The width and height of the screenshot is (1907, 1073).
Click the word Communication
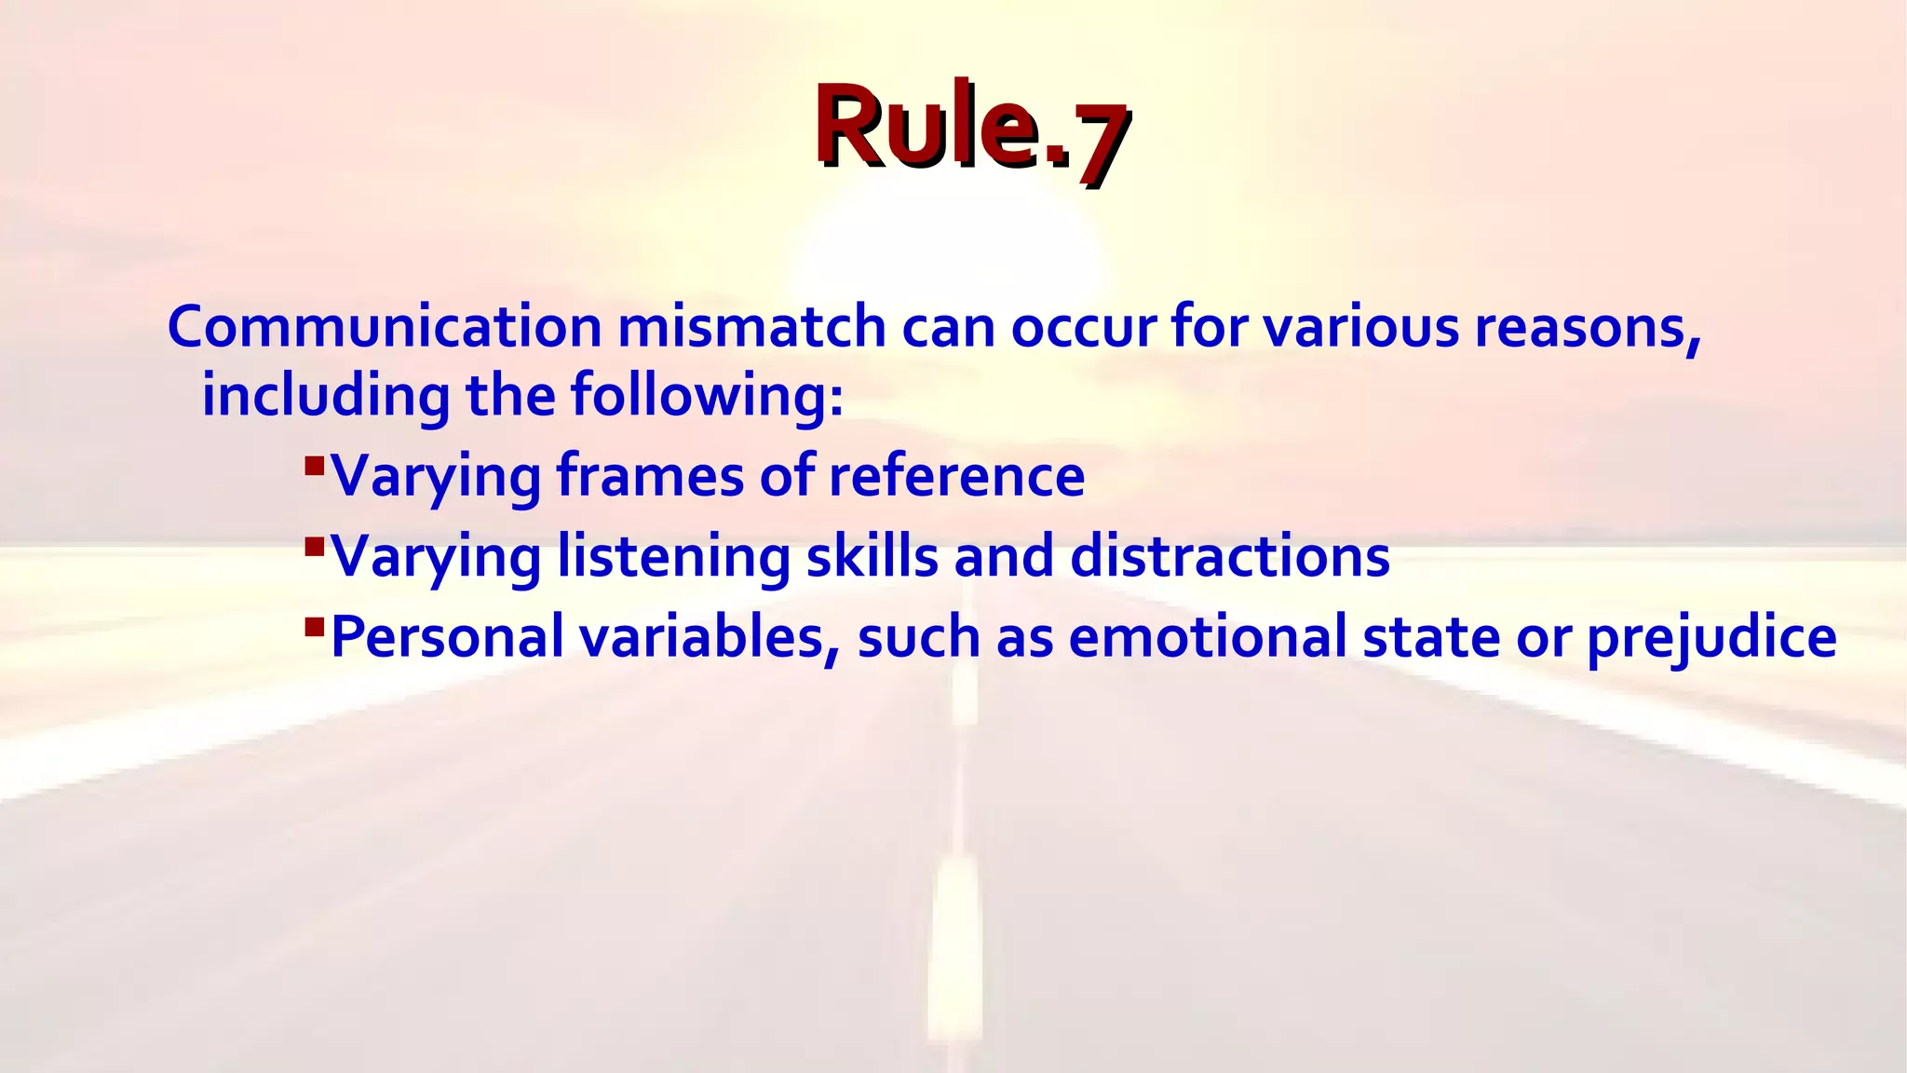click(385, 327)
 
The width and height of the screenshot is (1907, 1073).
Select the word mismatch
click(751, 327)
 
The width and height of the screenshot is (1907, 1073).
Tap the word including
click(326, 395)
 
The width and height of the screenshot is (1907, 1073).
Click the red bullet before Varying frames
click(314, 463)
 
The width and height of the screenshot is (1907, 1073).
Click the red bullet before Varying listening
click(314, 543)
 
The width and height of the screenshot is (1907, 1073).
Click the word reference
click(956, 475)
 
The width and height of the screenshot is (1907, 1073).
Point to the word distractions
click(1229, 556)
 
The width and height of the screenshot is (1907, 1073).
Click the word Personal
click(447, 637)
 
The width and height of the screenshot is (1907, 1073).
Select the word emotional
click(1208, 637)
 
